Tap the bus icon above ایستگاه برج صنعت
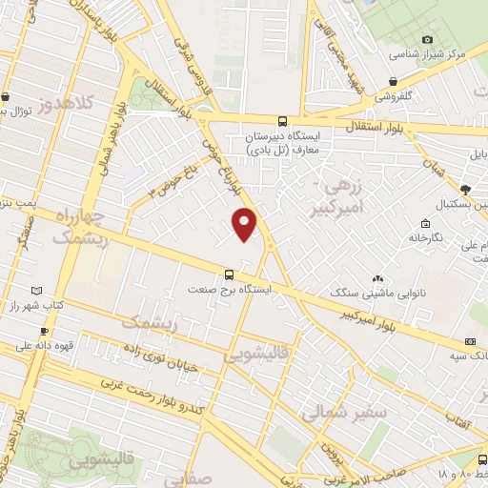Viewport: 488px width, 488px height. tap(228, 274)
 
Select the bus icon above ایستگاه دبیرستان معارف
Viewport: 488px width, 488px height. tap(281, 121)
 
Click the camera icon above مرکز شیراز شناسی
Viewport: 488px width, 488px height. tap(428, 39)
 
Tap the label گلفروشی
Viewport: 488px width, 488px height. tap(393, 96)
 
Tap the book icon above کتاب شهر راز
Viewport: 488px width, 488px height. tap(36, 289)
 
